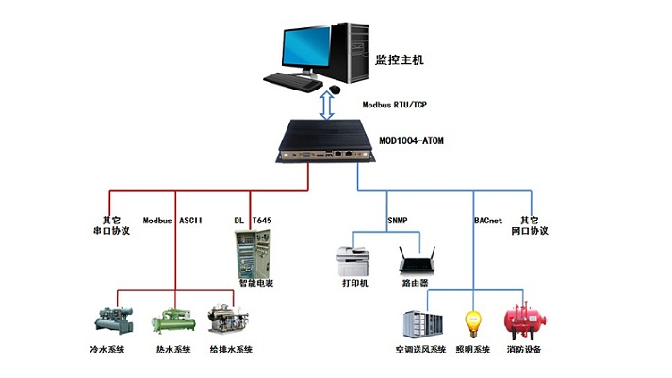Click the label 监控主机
tap(399, 59)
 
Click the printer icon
tap(355, 256)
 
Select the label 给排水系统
tap(231, 351)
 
